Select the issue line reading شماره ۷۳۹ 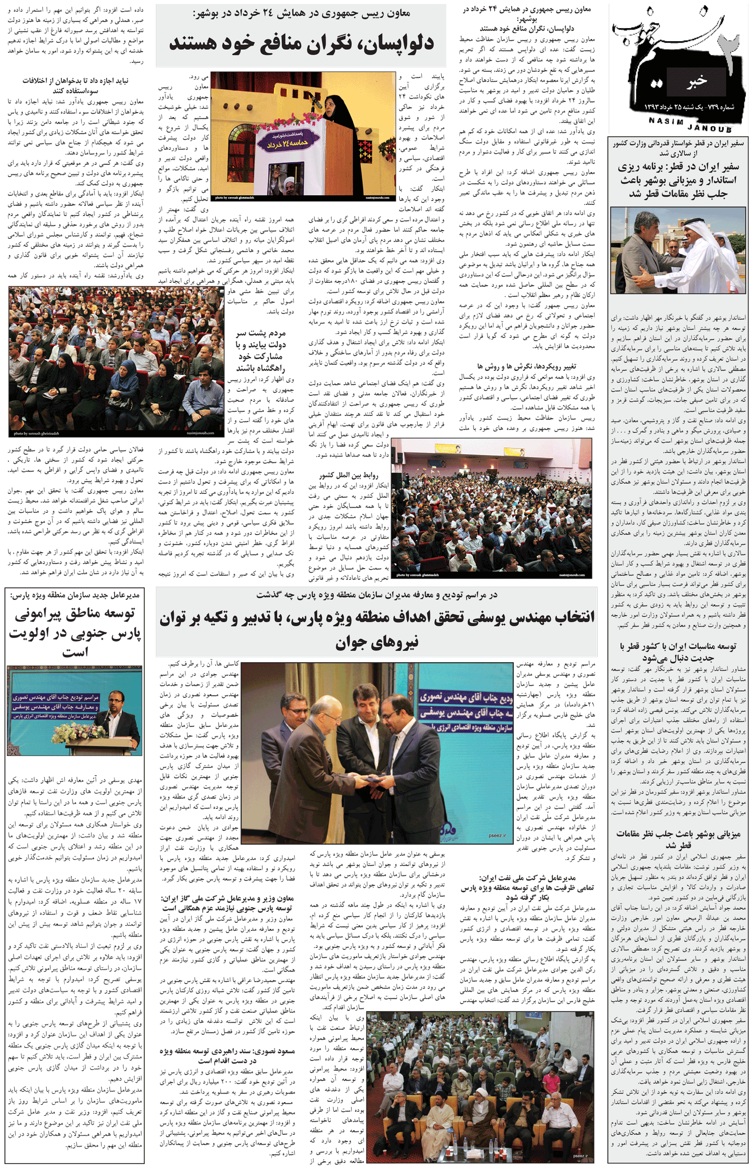(x=689, y=108)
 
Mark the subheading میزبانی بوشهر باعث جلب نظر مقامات (x=678, y=839)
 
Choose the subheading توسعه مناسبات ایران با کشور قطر (x=678, y=652)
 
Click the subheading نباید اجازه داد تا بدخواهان (x=75, y=85)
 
